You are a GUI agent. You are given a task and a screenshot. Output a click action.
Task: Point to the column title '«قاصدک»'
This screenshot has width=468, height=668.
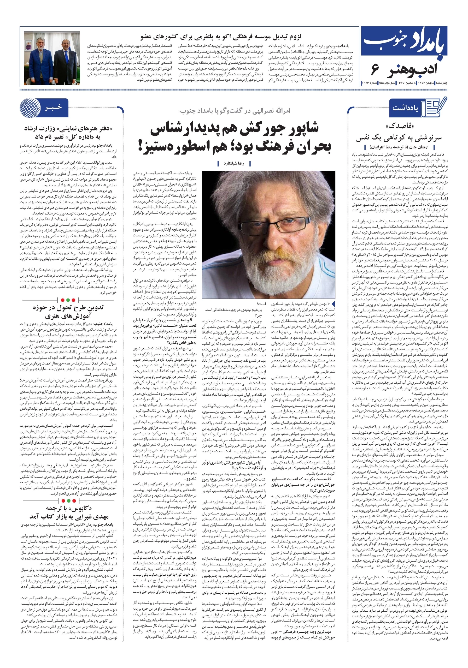click(400, 126)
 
